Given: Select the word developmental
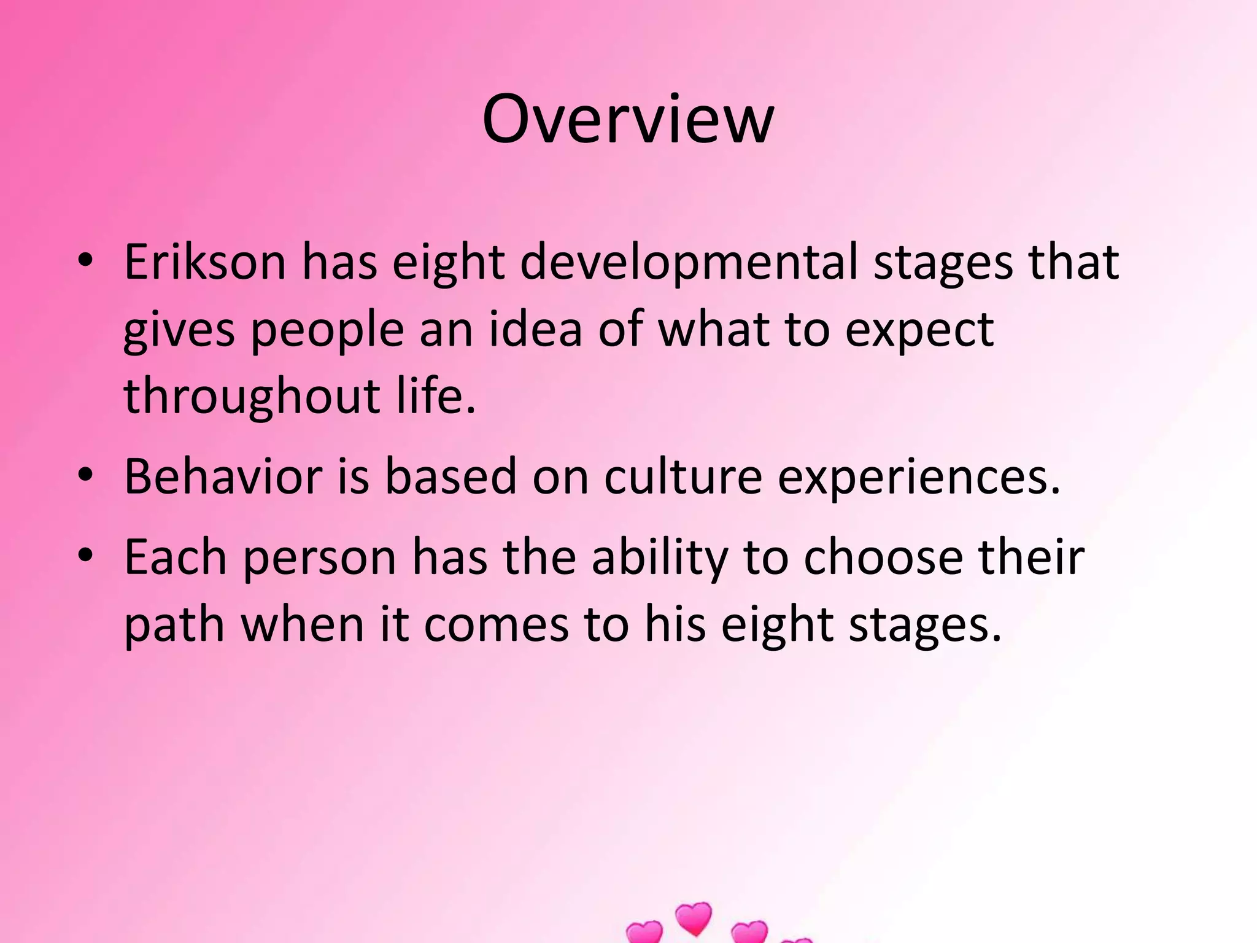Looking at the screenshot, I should pyautogui.click(x=689, y=262).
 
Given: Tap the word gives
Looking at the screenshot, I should pyautogui.click(x=179, y=330).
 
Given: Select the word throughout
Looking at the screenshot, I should pyautogui.click(x=251, y=396).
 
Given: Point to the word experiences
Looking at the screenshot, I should pyautogui.click(x=919, y=478).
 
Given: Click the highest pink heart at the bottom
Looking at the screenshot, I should pyautogui.click(x=694, y=918).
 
